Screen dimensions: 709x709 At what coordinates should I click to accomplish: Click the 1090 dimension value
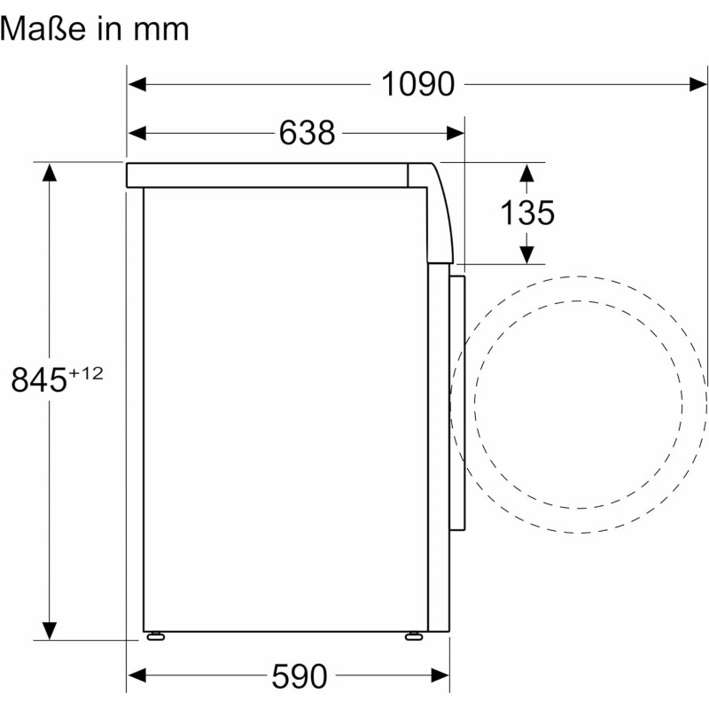tap(417, 84)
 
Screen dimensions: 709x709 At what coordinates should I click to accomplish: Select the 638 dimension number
tap(307, 133)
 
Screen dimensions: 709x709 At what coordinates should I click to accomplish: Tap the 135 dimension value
tap(527, 213)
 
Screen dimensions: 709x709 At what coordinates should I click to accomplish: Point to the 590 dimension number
tap(300, 676)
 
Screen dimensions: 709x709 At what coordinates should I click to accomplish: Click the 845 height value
tap(39, 379)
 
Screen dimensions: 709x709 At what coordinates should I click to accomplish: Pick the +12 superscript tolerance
tap(86, 373)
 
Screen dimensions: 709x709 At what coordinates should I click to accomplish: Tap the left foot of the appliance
tap(156, 636)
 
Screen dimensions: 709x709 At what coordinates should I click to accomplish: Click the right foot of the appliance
tap(414, 636)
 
